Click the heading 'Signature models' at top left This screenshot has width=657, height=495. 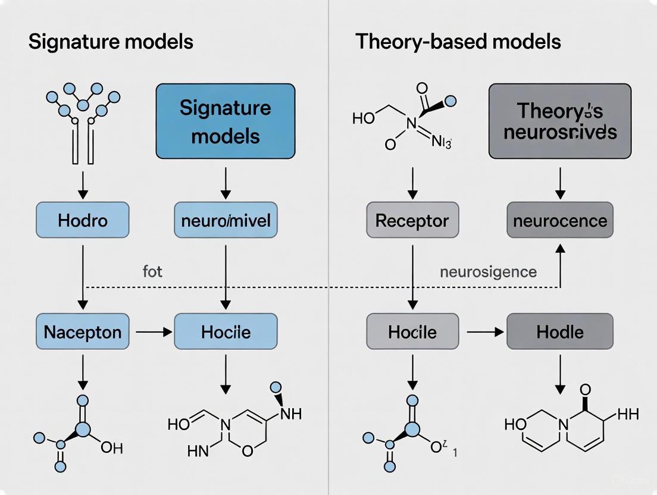tap(110, 42)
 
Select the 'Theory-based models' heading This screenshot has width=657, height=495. tap(458, 42)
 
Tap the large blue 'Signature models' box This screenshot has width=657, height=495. tap(225, 121)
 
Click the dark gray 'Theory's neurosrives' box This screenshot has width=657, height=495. tap(559, 121)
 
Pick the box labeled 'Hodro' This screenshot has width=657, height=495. tap(83, 221)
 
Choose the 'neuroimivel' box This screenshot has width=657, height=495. tap(225, 221)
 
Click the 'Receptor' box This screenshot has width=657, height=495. tap(412, 221)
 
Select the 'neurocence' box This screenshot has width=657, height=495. tap(559, 221)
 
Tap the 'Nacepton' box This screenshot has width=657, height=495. tap(83, 331)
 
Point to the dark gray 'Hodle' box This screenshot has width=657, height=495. tap(559, 331)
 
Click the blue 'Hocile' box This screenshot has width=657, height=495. tap(225, 331)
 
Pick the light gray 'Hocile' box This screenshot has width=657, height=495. tap(412, 331)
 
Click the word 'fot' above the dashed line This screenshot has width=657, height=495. tap(152, 272)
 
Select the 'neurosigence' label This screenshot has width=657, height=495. tap(488, 272)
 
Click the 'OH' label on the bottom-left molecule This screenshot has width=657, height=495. tap(112, 447)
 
